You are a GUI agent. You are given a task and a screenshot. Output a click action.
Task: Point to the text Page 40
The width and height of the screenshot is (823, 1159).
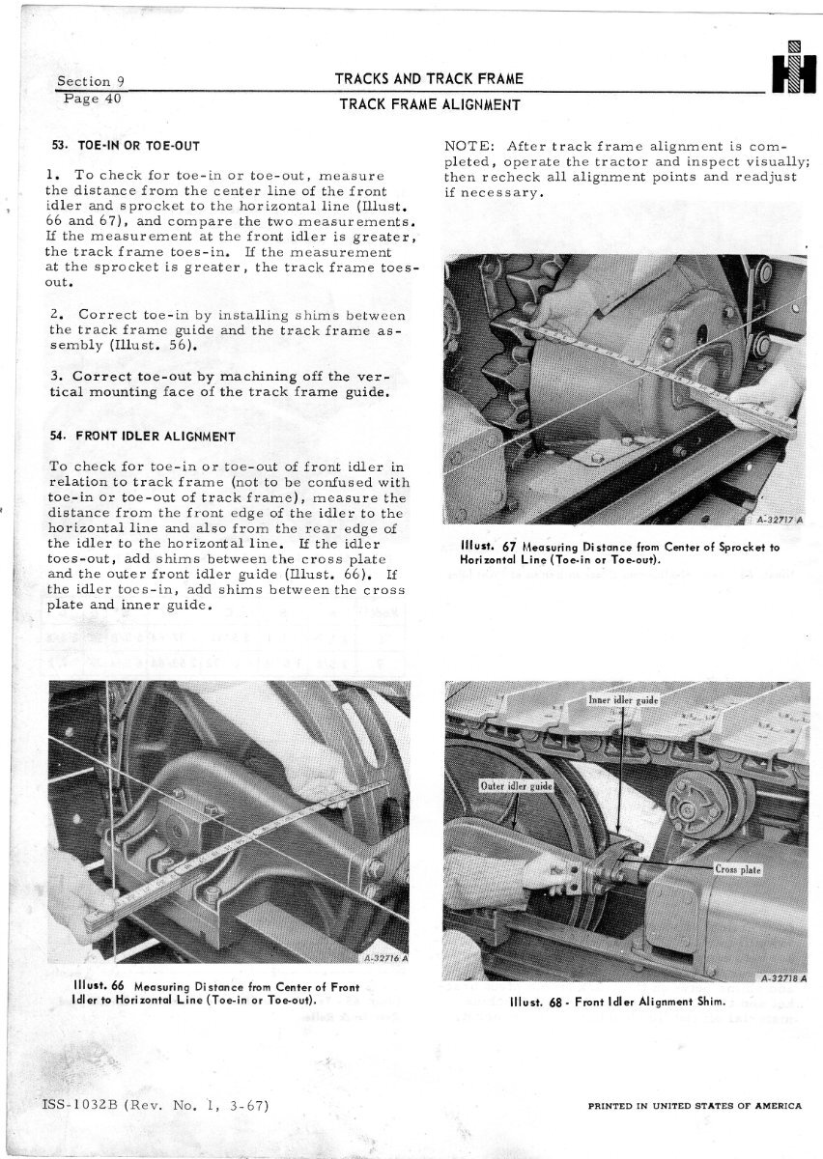[91, 98]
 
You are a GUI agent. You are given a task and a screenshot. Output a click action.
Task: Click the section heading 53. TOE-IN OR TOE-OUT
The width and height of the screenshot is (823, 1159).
[125, 147]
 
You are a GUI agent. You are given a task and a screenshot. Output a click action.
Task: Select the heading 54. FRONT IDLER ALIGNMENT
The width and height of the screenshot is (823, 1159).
[142, 436]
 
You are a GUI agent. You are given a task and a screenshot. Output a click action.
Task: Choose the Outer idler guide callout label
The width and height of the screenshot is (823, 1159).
[516, 785]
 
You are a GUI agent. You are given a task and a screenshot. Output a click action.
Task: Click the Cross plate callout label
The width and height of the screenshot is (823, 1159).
[739, 868]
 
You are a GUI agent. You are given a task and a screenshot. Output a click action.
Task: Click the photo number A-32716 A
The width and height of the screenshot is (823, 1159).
[386, 959]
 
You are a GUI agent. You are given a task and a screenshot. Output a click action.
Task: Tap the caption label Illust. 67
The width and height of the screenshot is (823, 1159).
[481, 548]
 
